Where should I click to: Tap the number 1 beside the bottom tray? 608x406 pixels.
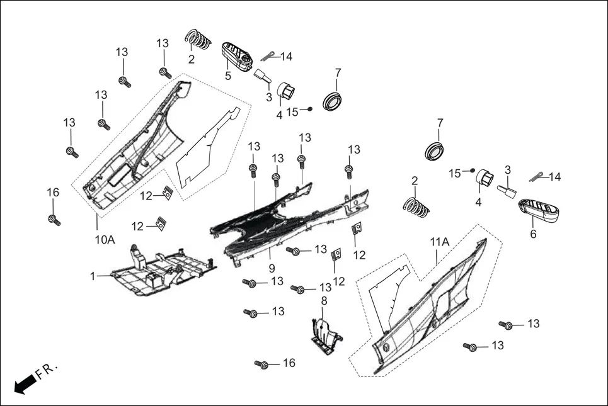tap(92, 276)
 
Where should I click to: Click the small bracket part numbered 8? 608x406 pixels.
tap(326, 334)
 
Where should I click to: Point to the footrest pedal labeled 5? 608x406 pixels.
tap(237, 56)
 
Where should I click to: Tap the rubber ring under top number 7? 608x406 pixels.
tap(333, 100)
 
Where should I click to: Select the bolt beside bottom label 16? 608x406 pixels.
tap(262, 364)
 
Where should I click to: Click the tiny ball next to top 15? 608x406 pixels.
tap(310, 109)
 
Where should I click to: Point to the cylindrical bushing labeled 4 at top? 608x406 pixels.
tap(287, 91)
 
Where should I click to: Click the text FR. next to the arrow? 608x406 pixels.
tap(47, 371)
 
